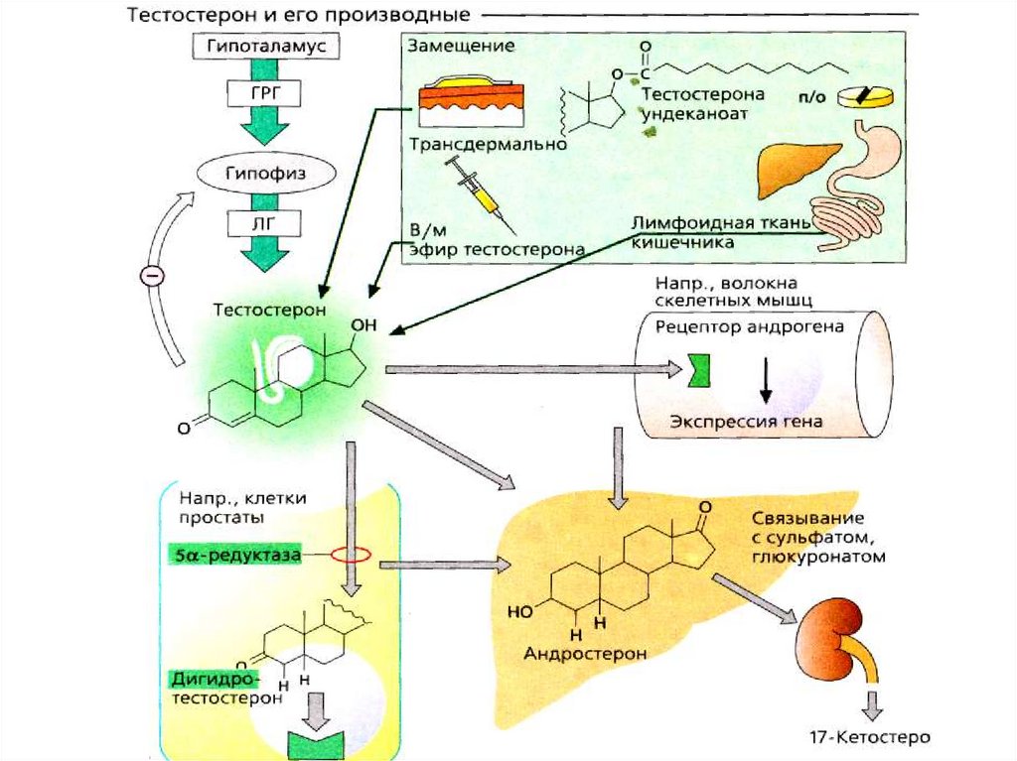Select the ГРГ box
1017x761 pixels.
[x=262, y=95]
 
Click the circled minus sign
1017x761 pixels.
[x=152, y=278]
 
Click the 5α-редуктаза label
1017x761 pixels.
[x=230, y=557]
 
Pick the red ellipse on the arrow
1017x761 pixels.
[x=350, y=556]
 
